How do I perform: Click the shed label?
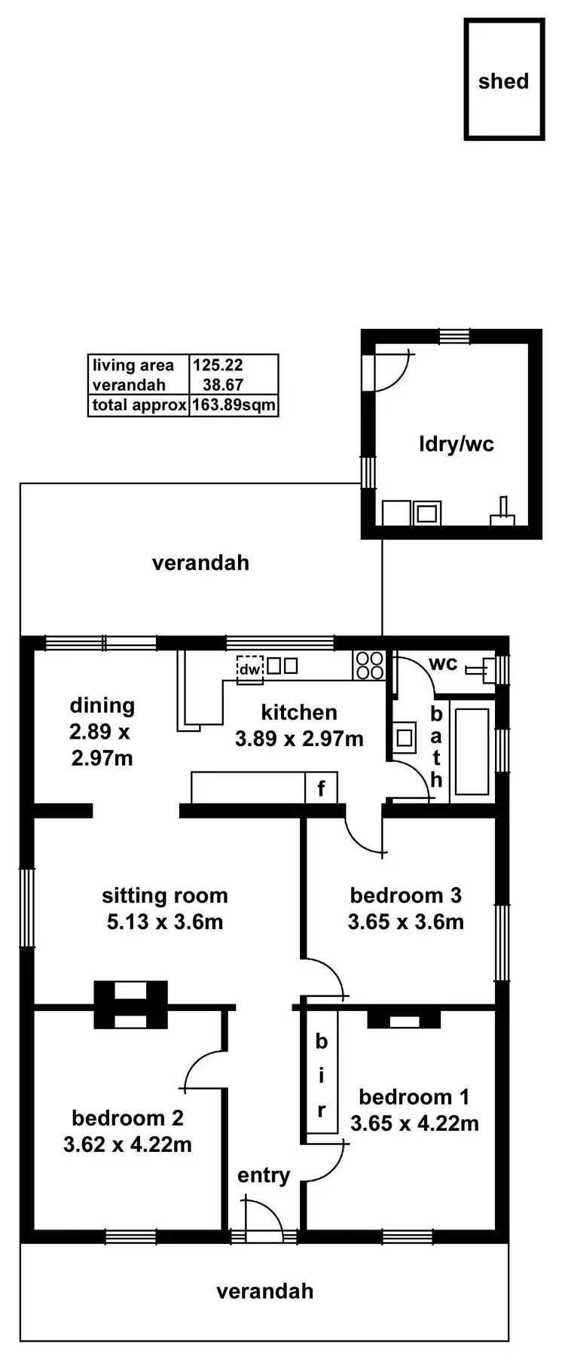tap(503, 81)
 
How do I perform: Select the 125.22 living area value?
tap(217, 365)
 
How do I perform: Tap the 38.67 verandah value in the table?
tap(222, 385)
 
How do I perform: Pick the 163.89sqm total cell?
tap(234, 405)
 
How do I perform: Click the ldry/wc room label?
tap(456, 443)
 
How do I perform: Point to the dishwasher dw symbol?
tap(249, 669)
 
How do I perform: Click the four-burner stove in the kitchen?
tap(369, 666)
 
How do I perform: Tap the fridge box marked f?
tap(321, 788)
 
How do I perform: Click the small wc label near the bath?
tap(443, 663)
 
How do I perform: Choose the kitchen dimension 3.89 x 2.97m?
tap(299, 739)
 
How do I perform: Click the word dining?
tap(102, 705)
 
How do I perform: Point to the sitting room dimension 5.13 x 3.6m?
tap(165, 922)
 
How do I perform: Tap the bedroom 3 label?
tap(405, 895)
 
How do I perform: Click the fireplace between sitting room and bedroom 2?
tap(130, 1005)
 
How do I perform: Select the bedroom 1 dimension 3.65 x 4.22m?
tap(414, 1123)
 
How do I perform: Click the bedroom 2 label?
tap(127, 1118)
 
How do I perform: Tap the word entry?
tap(264, 1175)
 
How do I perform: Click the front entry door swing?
tap(264, 1220)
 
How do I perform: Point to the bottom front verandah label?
tap(264, 1291)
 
